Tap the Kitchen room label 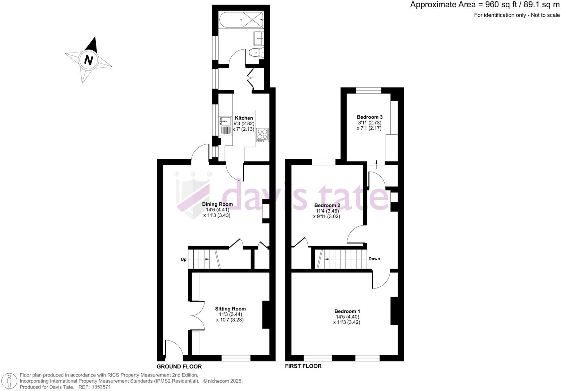[x=244, y=118]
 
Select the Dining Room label [x=217, y=204]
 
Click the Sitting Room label [x=230, y=309]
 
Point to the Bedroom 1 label [x=347, y=311]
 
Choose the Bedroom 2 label [x=327, y=205]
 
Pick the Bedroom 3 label [x=369, y=117]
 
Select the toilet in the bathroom [x=256, y=53]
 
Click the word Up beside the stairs [x=184, y=260]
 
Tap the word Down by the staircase [x=374, y=259]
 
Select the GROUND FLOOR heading [x=179, y=366]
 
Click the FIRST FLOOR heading [x=303, y=366]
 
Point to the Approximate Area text [x=484, y=5]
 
